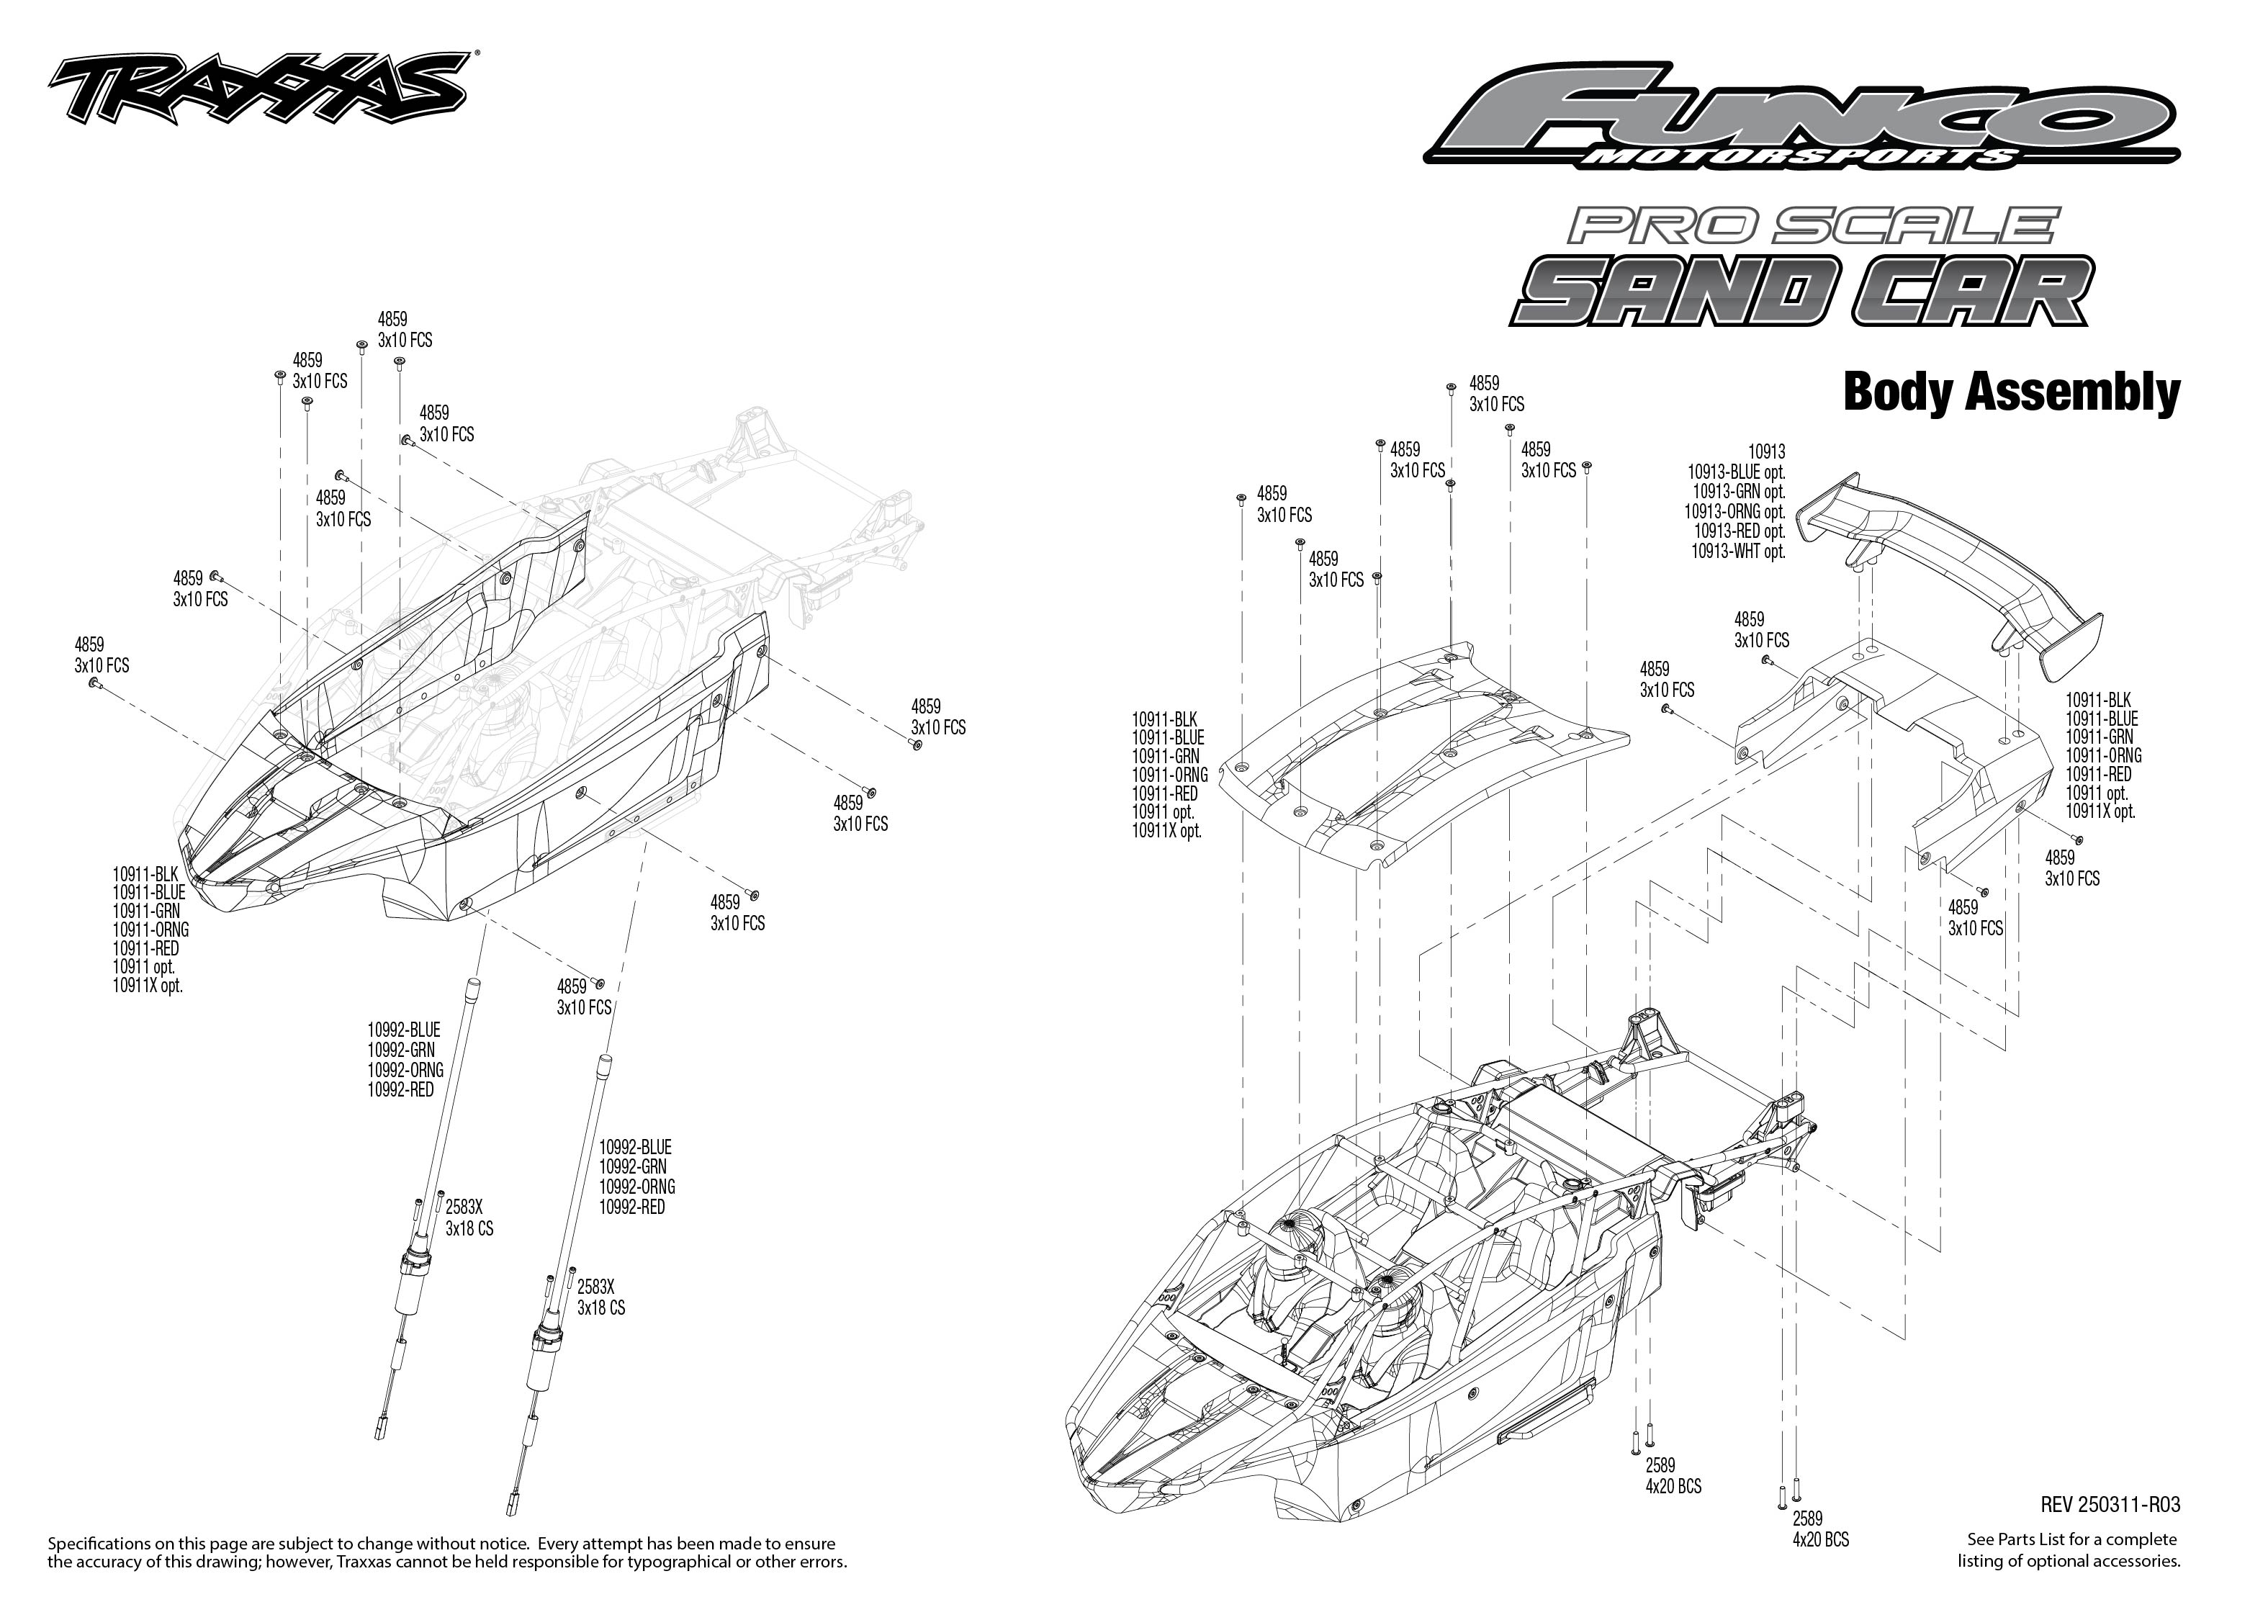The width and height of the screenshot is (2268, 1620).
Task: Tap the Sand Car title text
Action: tap(1801, 292)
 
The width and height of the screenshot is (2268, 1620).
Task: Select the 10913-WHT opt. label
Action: tap(1737, 551)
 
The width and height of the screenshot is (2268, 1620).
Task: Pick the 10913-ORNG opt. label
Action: tap(1734, 512)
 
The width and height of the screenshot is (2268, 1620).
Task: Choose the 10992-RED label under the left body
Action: tap(401, 1090)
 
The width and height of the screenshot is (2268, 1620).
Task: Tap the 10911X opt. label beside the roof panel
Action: tap(1167, 831)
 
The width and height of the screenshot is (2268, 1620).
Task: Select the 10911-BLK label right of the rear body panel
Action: tap(2099, 701)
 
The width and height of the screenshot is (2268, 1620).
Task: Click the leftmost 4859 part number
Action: tap(89, 644)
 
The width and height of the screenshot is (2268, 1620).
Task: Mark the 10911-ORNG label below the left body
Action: tap(150, 930)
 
